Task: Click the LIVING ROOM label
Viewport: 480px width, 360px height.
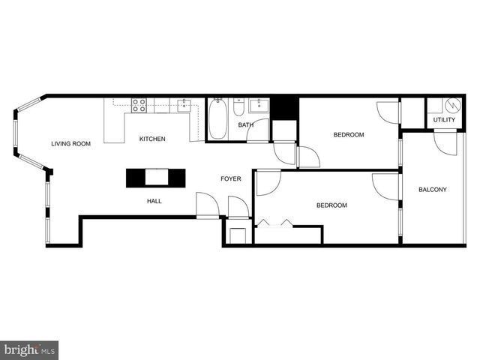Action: pyautogui.click(x=70, y=143)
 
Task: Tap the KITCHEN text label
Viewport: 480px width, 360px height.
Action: pyautogui.click(x=152, y=139)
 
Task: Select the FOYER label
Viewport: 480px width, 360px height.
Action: pyautogui.click(x=230, y=178)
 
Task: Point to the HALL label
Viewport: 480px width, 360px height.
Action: pyautogui.click(x=154, y=201)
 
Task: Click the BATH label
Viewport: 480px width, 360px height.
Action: pyautogui.click(x=245, y=125)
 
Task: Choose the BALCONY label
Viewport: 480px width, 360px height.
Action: pyautogui.click(x=433, y=190)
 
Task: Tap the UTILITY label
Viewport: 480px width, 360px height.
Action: pyautogui.click(x=444, y=120)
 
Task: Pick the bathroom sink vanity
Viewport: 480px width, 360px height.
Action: pyautogui.click(x=259, y=106)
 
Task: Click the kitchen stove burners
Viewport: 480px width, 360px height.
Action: pyautogui.click(x=139, y=105)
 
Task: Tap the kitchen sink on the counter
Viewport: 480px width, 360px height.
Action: pyautogui.click(x=184, y=105)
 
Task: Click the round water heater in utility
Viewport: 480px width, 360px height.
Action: pyautogui.click(x=451, y=104)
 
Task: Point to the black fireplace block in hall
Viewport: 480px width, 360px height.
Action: pyautogui.click(x=154, y=177)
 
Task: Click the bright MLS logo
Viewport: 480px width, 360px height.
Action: pyautogui.click(x=29, y=350)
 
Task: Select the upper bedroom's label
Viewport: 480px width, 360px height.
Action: pyautogui.click(x=349, y=135)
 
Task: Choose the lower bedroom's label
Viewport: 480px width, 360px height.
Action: pyautogui.click(x=331, y=205)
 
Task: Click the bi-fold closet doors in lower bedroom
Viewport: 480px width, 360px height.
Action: pyautogui.click(x=275, y=223)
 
